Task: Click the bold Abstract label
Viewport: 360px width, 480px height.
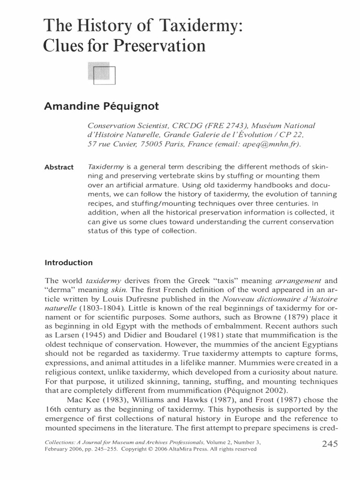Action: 59,167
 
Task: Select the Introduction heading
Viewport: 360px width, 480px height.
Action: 68,262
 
